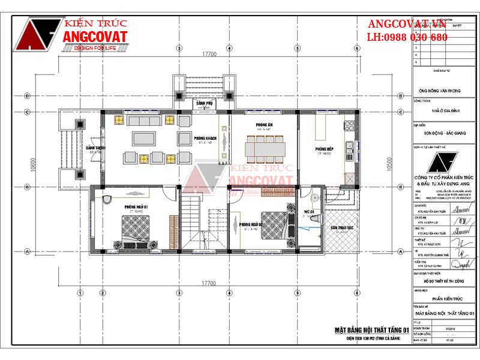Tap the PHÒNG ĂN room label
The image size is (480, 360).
(263, 127)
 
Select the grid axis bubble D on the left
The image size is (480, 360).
(27, 95)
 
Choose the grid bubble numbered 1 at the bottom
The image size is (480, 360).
(80, 293)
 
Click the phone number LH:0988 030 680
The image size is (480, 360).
(407, 37)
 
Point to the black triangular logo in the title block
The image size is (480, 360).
(444, 163)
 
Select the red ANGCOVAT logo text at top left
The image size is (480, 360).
(95, 37)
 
